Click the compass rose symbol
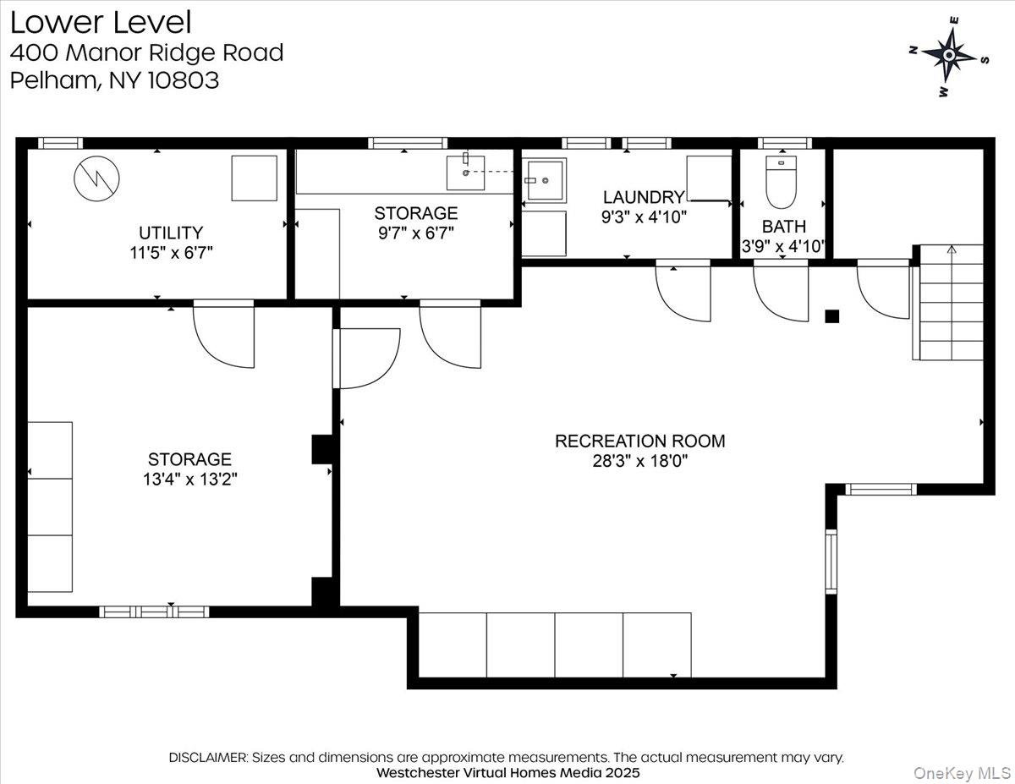pyautogui.click(x=949, y=56)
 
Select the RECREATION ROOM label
pyautogui.click(x=639, y=441)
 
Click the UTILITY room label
pyautogui.click(x=171, y=232)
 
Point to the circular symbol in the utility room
pyautogui.click(x=96, y=178)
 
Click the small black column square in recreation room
pyautogui.click(x=832, y=316)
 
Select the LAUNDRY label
pyautogui.click(x=643, y=197)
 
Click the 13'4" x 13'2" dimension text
pyautogui.click(x=189, y=480)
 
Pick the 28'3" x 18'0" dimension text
pyautogui.click(x=639, y=462)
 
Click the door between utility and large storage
pyautogui.click(x=225, y=334)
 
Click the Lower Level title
pyautogui.click(x=101, y=23)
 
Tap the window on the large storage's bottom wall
pyautogui.click(x=154, y=611)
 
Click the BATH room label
pyautogui.click(x=783, y=227)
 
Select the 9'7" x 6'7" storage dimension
pyautogui.click(x=416, y=233)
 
